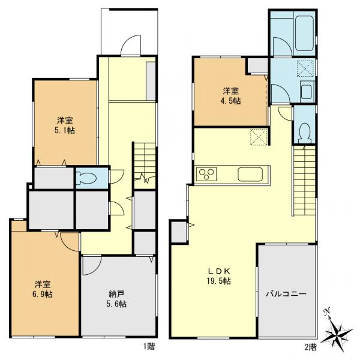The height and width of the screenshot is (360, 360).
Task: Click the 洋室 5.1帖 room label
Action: (65, 125)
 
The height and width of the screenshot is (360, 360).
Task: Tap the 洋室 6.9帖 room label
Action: (43, 289)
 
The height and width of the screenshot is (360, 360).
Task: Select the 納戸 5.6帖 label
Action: (116, 299)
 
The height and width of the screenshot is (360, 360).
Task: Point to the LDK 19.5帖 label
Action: (219, 276)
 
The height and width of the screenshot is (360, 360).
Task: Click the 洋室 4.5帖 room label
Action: (231, 96)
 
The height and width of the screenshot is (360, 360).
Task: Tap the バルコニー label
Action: (286, 294)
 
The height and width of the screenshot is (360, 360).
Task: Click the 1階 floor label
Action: (149, 346)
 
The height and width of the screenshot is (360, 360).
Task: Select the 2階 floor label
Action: (310, 347)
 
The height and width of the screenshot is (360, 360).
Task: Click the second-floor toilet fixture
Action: (305, 133)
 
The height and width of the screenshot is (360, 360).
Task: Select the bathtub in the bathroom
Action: (304, 33)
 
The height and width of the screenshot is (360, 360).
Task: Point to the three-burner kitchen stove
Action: (206, 174)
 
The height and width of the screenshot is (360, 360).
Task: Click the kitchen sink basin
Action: (250, 174)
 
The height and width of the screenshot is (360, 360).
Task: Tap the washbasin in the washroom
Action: (306, 92)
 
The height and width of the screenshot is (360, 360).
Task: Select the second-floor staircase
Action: (305, 181)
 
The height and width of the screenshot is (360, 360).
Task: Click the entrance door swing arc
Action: (130, 45)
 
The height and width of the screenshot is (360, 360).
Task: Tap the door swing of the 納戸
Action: (92, 265)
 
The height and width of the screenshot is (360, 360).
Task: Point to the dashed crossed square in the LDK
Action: (259, 137)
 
